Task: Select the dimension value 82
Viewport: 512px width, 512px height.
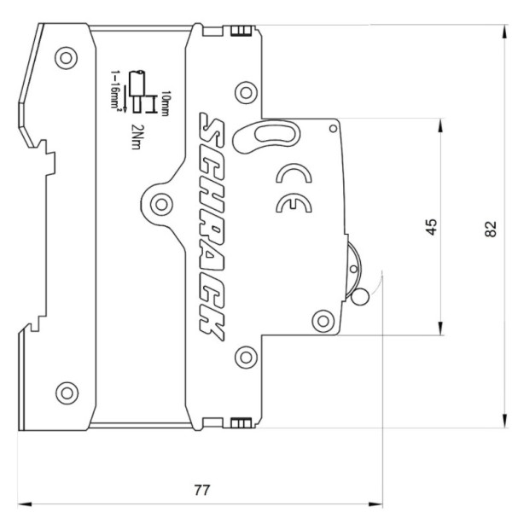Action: coord(490,228)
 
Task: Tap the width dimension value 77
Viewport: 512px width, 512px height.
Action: coord(201,490)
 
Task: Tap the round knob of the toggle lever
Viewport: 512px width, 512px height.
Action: coord(359,297)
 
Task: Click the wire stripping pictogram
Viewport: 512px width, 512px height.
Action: coord(137,90)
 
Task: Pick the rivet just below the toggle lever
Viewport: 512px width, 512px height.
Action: coord(321,320)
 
